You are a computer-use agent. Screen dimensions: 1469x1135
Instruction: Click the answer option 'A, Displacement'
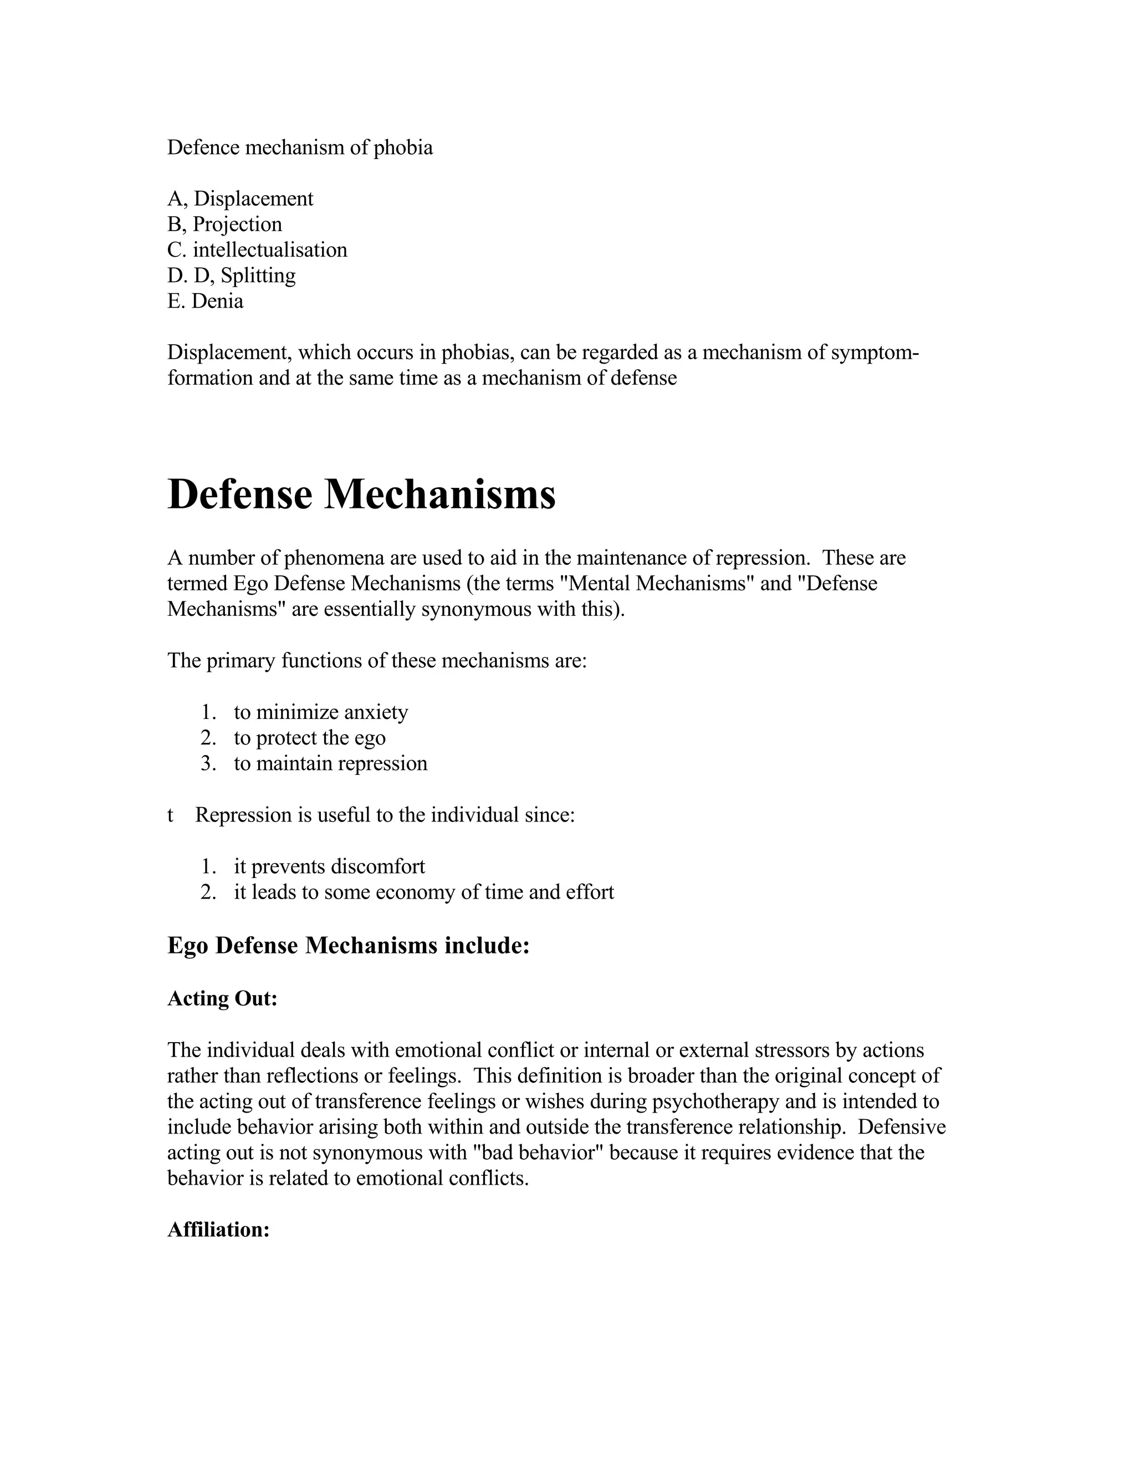tap(240, 198)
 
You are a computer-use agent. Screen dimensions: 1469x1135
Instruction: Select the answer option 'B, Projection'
tap(224, 224)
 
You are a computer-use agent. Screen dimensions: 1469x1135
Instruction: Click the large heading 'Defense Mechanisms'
tap(361, 494)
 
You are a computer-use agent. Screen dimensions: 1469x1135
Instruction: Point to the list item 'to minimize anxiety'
tap(321, 712)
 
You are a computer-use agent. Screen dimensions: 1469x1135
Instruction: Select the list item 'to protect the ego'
tap(309, 737)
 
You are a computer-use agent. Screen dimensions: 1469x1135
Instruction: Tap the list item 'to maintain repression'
tap(330, 763)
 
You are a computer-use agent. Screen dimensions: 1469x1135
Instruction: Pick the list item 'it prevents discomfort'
tap(330, 866)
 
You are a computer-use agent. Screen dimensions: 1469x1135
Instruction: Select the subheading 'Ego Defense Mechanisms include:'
tap(348, 945)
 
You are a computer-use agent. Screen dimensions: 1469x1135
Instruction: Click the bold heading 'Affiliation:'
tap(218, 1230)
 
